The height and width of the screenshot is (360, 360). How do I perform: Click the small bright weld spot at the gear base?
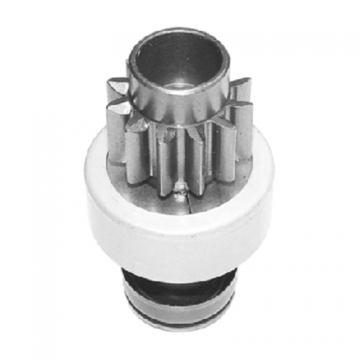(180, 189)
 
